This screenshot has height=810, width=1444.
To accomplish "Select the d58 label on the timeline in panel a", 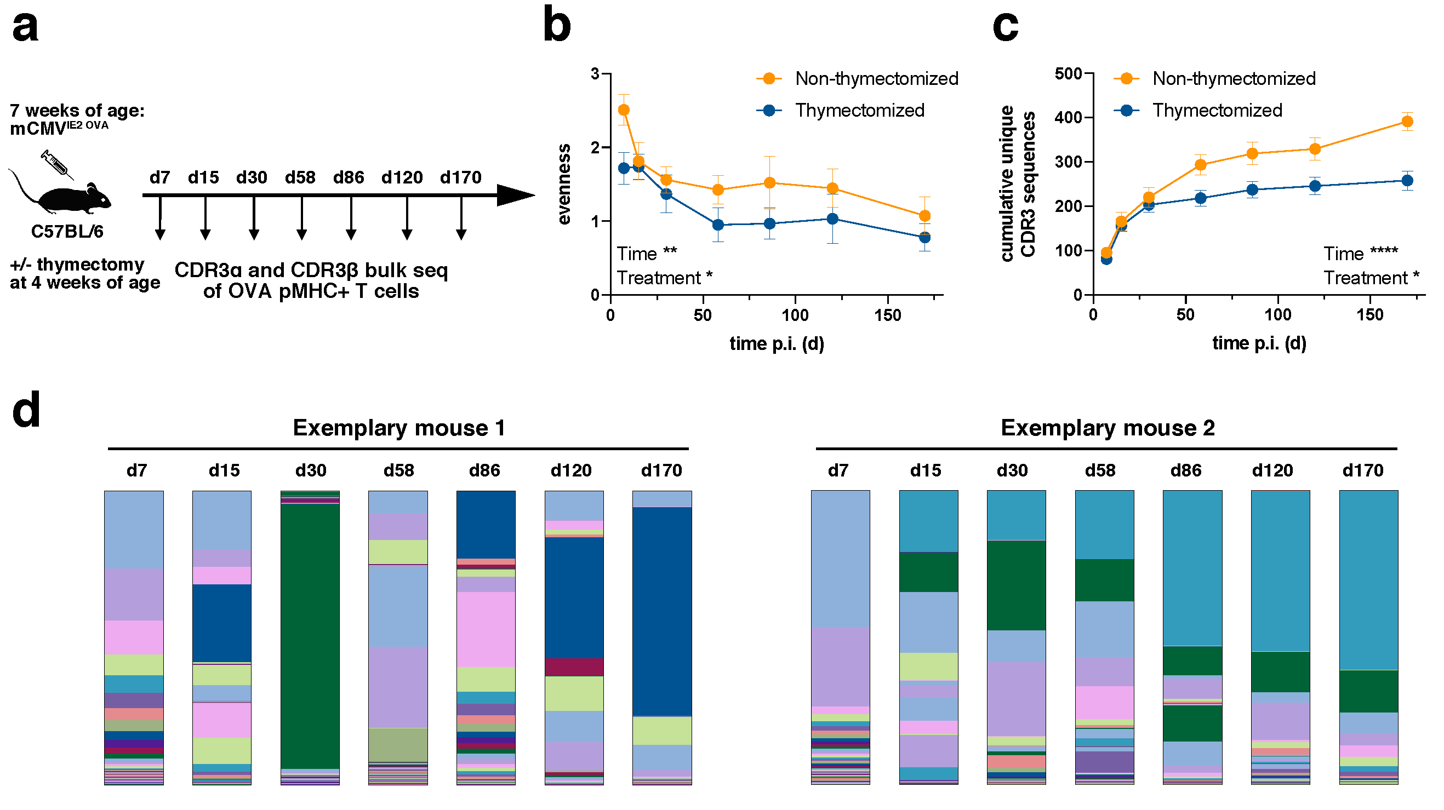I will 300,177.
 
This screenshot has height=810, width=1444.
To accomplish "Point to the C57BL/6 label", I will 67,231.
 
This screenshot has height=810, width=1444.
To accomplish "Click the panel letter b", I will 557,25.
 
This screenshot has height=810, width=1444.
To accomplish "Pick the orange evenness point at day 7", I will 624,110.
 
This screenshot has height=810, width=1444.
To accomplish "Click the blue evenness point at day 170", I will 925,238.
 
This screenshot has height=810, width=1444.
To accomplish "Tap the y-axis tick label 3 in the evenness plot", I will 595,74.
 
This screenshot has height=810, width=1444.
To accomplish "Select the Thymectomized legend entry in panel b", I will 859,110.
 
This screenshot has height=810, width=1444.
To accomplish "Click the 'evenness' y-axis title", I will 564,185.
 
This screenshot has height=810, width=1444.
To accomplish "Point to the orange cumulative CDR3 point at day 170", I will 1407,122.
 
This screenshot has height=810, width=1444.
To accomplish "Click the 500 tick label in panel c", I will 1069,74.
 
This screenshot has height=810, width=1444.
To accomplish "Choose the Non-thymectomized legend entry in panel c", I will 1233,78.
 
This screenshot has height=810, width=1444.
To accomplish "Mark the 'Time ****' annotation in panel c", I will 1361,254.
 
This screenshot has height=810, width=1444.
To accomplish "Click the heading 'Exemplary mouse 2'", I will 1108,428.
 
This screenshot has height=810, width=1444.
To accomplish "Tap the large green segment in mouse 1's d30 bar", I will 310,636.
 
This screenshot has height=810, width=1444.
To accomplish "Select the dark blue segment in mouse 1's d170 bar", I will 662,611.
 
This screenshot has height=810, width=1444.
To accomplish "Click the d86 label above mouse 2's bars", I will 1185,470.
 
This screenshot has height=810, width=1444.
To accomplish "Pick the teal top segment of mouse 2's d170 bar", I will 1368,580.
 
